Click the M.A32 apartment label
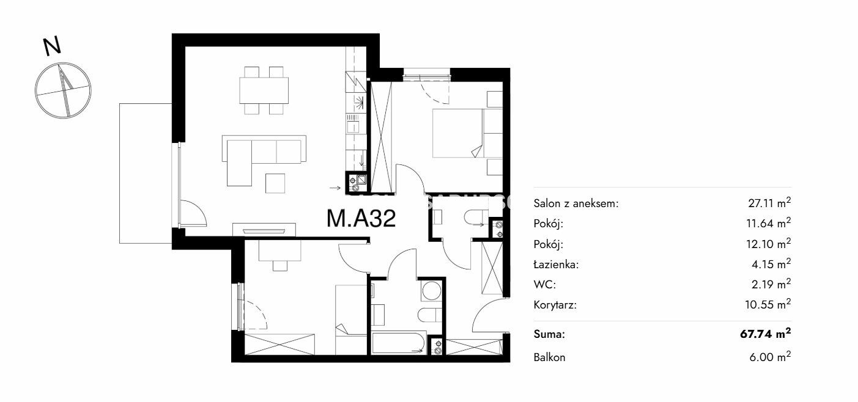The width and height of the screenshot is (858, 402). (361, 219)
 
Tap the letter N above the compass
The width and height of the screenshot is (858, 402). (52, 46)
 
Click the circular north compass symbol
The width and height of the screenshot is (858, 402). (63, 90)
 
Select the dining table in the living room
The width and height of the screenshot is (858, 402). (264, 90)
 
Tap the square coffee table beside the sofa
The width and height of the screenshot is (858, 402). (275, 184)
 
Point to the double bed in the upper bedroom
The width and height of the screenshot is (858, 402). (467, 133)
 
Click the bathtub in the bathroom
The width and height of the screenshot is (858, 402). (399, 343)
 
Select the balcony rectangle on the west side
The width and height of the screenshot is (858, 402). (146, 174)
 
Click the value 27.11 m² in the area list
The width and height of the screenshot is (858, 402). (769, 203)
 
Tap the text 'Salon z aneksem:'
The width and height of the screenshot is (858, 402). (576, 203)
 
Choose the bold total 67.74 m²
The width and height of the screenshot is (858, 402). (765, 334)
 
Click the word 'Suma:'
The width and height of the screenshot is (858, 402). (549, 334)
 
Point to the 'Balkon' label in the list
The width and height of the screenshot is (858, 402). (549, 357)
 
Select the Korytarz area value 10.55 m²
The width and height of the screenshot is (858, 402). (768, 304)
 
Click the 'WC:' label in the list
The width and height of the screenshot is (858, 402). (545, 285)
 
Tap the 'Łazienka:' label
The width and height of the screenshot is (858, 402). (556, 264)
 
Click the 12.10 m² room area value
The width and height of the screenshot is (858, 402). (769, 243)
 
